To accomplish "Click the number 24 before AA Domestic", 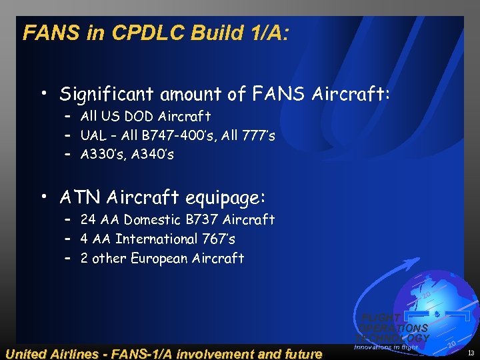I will pyautogui.click(x=88, y=219).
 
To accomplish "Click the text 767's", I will pyautogui.click(x=218, y=239).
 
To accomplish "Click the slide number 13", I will pyautogui.click(x=471, y=353).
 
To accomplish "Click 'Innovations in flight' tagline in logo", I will pyautogui.click(x=386, y=347).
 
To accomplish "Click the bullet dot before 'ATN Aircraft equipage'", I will pyautogui.click(x=44, y=198).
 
